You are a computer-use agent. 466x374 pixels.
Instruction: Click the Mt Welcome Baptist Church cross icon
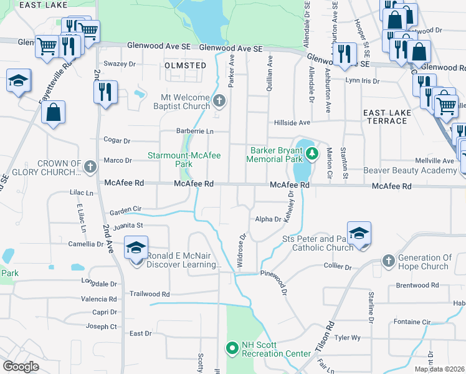[219, 100]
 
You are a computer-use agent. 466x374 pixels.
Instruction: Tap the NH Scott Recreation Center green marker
[232, 348]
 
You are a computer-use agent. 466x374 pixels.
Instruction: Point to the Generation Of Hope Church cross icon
[389, 259]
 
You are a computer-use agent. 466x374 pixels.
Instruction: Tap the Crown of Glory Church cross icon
[90, 166]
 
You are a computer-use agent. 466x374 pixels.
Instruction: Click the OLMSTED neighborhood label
[186, 65]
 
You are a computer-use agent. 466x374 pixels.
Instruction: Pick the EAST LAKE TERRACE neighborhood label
[386, 116]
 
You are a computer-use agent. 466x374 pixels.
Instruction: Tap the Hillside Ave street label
[292, 123]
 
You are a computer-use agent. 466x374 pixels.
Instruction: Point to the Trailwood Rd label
[149, 294]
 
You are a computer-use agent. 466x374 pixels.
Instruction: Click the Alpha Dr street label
[269, 219]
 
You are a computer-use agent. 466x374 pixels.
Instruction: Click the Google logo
[21, 367]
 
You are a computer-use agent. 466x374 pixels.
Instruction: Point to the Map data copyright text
[439, 369]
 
